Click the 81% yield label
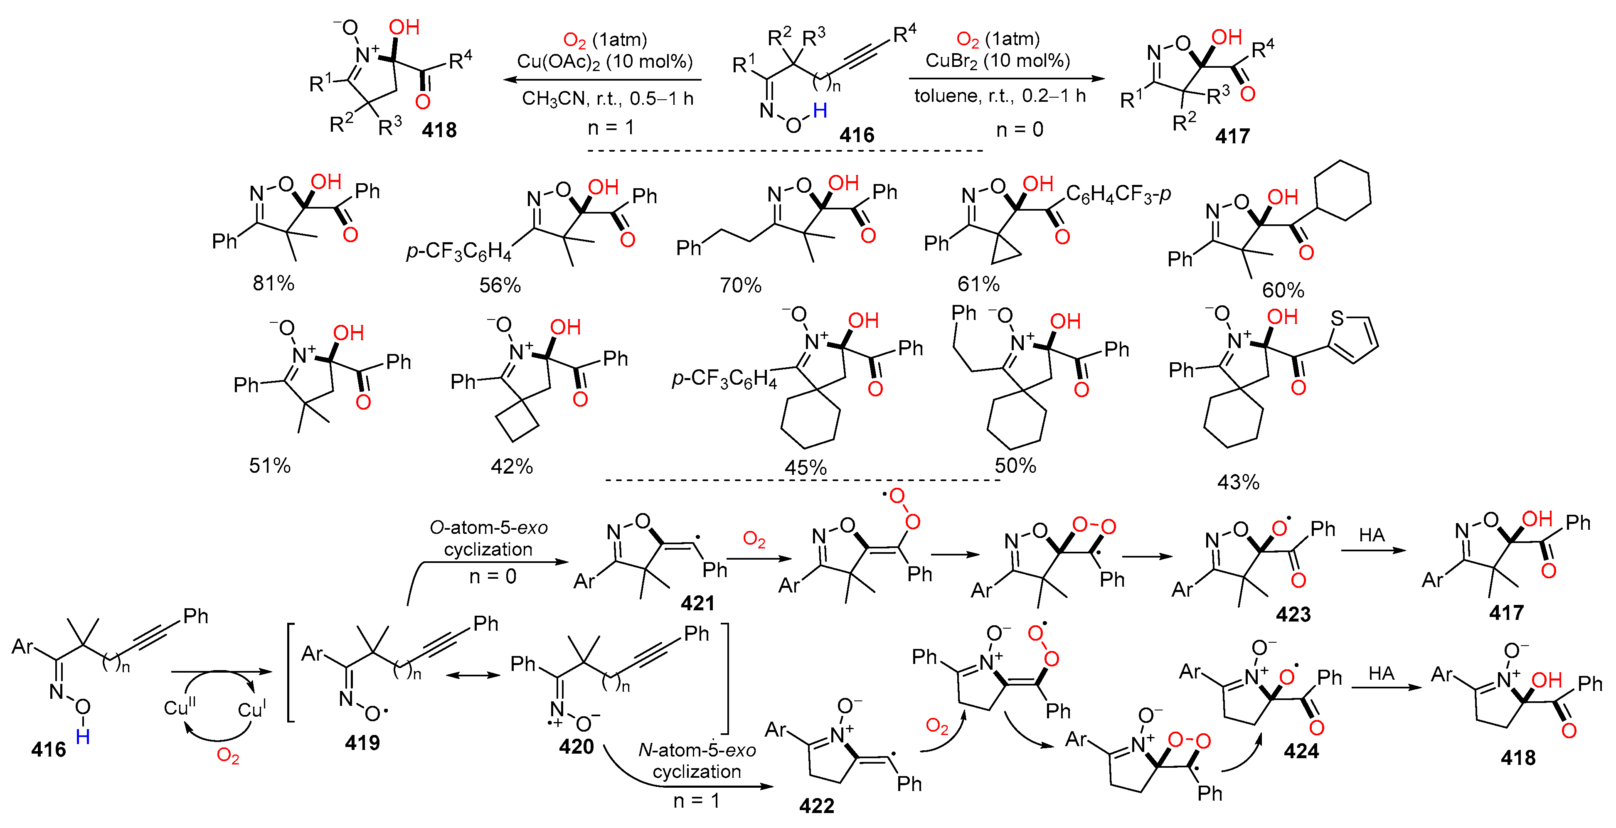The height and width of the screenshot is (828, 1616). coord(273,283)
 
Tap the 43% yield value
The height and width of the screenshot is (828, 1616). coord(1238,482)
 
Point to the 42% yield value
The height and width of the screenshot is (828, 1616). coord(511,467)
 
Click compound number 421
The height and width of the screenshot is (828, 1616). coord(697,603)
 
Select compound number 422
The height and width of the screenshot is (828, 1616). coord(816,806)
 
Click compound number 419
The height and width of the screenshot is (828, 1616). coord(362,743)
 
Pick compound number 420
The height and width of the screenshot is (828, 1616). coord(576,747)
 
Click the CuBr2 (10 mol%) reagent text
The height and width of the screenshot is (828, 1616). coord(998,61)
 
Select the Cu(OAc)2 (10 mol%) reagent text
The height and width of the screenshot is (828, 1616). coord(604,61)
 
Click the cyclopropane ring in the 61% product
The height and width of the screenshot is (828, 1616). coord(1005,251)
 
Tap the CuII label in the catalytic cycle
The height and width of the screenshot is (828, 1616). coord(180,707)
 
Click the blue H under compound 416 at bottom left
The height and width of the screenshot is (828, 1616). coord(82,737)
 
